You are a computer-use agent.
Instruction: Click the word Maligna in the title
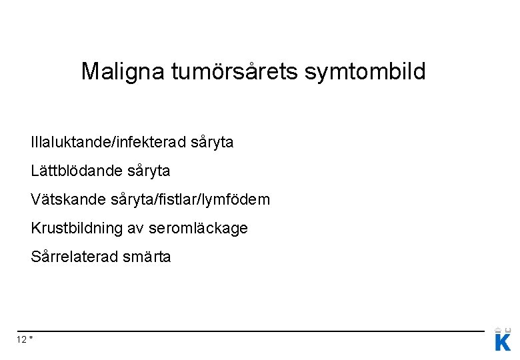point(123,71)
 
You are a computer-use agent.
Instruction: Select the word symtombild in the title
point(365,71)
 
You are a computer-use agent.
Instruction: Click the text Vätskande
point(65,199)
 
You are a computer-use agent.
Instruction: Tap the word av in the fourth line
point(135,228)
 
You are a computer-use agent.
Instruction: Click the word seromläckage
point(197,228)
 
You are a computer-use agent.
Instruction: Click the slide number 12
point(21,340)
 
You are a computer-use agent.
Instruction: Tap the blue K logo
point(503,343)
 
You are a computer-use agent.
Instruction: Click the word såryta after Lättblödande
point(148,171)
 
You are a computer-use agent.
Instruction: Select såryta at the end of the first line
point(212,143)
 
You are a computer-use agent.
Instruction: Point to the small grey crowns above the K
point(503,329)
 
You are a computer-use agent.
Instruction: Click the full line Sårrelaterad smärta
point(101,257)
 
